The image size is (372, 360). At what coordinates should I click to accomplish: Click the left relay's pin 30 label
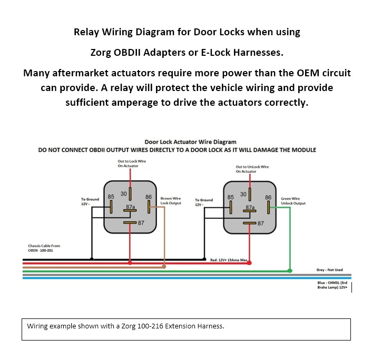123,193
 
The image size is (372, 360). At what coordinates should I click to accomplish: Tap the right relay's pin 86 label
268,197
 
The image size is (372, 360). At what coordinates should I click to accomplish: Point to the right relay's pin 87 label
260,223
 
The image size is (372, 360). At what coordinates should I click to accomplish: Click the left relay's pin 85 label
111,196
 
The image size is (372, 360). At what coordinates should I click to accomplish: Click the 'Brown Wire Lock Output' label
171,201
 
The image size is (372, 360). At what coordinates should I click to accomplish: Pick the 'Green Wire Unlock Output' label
293,201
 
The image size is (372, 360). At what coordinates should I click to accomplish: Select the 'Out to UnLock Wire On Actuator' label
252,169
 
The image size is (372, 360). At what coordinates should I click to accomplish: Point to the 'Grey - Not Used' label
329,270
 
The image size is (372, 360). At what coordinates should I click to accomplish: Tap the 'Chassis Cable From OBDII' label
44,248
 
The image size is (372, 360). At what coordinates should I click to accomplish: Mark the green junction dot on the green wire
290,271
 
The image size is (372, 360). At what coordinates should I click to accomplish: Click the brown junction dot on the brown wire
164,266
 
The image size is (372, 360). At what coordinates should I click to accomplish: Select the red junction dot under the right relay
250,263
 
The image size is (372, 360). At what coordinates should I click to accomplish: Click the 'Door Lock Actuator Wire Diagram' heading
190,142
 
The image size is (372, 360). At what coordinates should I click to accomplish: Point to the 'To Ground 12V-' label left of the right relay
204,202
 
